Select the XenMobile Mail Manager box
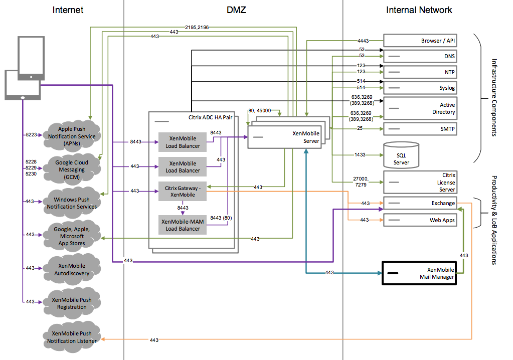[420, 273]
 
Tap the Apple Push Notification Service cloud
[72, 136]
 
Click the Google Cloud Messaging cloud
[72, 169]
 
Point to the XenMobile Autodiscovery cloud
[72, 269]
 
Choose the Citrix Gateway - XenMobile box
[183, 191]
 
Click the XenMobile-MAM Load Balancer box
[183, 225]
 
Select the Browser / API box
[420, 41]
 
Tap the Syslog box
[420, 88]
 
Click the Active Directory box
[420, 108]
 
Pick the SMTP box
[420, 129]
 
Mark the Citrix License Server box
[420, 182]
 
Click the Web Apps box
[420, 220]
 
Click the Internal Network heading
[419, 10]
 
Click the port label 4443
[364, 41]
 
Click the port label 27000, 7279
[361, 182]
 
